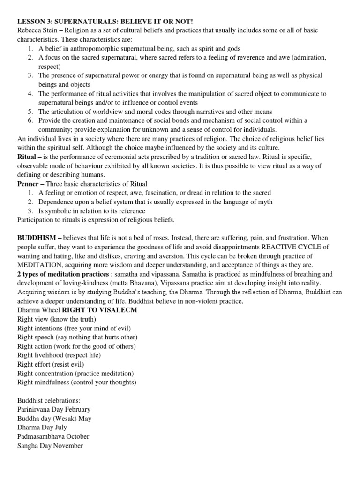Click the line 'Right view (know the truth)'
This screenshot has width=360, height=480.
pos(56,319)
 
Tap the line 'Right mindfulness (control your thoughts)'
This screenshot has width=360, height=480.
pos(76,382)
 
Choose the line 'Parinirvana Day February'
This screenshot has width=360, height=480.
pos(53,409)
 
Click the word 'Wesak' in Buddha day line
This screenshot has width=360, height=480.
pos(64,419)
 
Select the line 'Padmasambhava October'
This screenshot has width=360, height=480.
pos(53,436)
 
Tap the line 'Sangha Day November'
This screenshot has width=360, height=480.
pos(50,446)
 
